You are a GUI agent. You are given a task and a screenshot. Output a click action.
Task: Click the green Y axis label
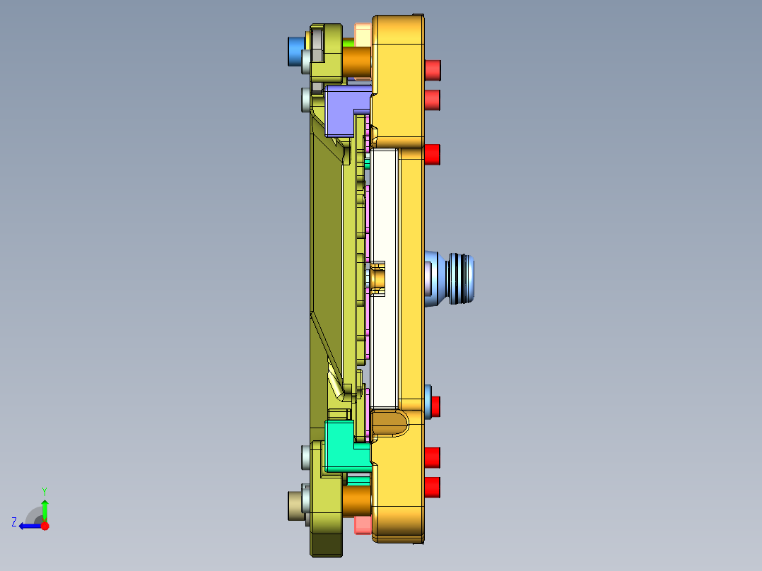click(44, 490)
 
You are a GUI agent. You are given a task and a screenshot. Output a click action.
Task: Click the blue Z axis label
click(14, 522)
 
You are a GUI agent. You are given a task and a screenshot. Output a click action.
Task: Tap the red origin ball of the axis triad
click(45, 526)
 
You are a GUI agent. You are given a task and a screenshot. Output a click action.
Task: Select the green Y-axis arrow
click(45, 508)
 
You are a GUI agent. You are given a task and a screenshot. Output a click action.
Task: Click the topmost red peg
click(433, 69)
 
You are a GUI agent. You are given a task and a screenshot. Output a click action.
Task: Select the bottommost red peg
click(433, 487)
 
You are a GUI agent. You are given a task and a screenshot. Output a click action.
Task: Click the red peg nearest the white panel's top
click(433, 154)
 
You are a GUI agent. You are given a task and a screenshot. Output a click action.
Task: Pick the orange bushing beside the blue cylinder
click(357, 62)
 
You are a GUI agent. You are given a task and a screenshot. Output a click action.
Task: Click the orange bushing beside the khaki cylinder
click(357, 500)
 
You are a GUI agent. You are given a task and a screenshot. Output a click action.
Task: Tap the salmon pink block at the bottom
click(363, 525)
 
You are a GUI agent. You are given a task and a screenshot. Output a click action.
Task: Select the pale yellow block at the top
click(363, 33)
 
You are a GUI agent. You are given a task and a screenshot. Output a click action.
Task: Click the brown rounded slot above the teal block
click(390, 423)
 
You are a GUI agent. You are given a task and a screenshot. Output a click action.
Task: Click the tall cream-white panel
click(385, 276)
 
